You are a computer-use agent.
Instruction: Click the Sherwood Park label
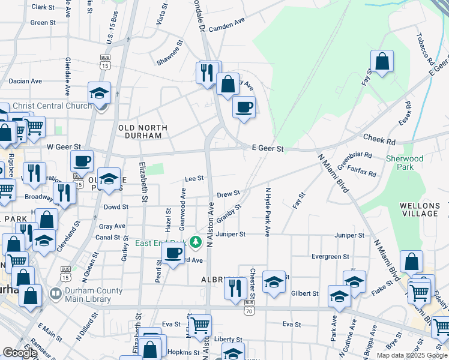coord(405,163)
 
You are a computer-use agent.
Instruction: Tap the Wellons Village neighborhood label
coord(419,209)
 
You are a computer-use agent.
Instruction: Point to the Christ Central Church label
coord(52,106)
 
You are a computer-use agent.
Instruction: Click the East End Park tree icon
coord(194,242)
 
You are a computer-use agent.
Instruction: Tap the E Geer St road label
coord(267,148)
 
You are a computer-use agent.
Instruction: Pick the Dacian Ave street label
coord(25,80)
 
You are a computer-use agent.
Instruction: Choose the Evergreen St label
coord(330,256)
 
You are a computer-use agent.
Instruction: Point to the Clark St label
coord(43,7)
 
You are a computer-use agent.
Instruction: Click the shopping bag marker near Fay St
coord(382,61)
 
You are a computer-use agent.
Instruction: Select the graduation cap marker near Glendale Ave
coord(100,92)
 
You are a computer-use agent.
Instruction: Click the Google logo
coord(20,353)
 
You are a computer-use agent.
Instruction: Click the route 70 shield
coord(249,310)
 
